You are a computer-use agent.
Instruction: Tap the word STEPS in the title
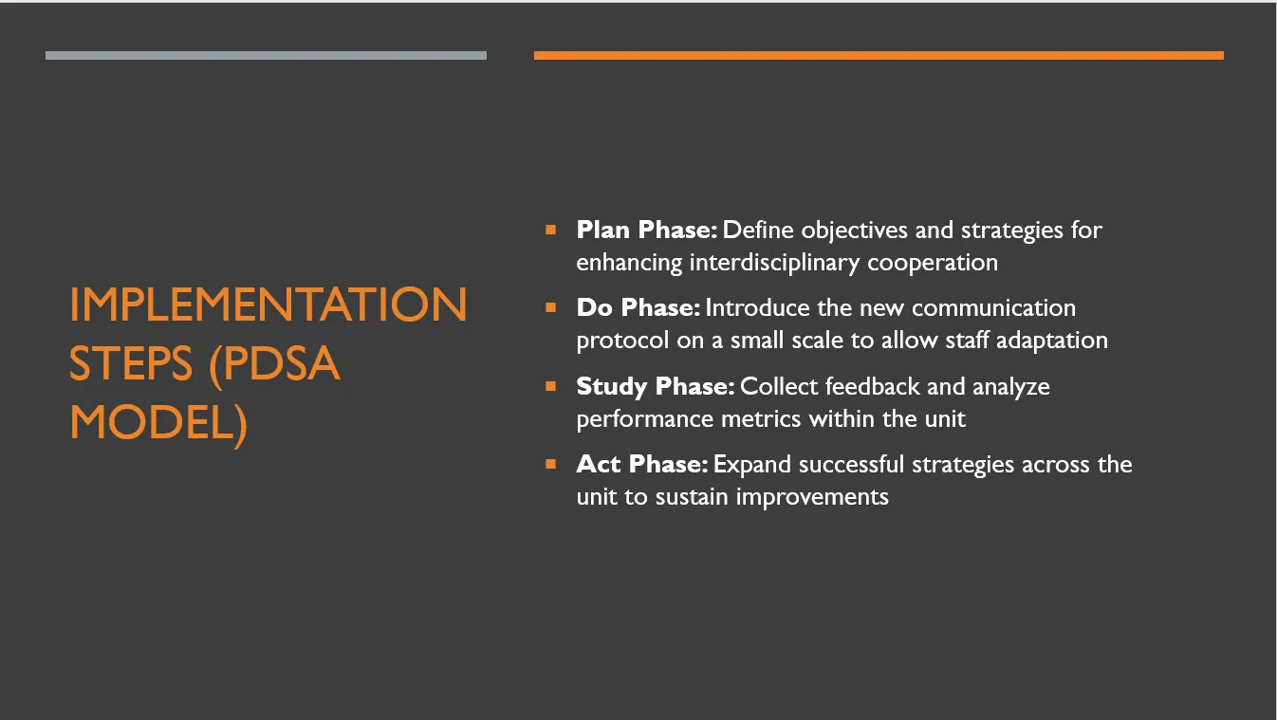click(131, 363)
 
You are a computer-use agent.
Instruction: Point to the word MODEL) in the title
click(158, 424)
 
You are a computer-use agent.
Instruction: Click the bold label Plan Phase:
click(646, 231)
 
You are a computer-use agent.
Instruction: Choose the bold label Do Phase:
click(638, 308)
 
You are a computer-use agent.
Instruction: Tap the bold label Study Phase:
click(655, 386)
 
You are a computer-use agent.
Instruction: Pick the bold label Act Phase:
click(642, 464)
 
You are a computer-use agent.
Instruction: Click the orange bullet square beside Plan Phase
click(550, 230)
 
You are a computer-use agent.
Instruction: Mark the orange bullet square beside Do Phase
click(550, 308)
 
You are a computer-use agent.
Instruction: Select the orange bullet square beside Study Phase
click(550, 386)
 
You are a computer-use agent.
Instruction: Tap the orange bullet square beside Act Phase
click(550, 464)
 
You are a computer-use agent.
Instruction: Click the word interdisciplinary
click(774, 264)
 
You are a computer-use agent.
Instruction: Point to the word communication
click(993, 308)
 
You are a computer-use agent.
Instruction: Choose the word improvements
click(812, 498)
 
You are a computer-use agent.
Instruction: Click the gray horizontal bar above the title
click(267, 55)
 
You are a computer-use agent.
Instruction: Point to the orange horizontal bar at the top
click(879, 55)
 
